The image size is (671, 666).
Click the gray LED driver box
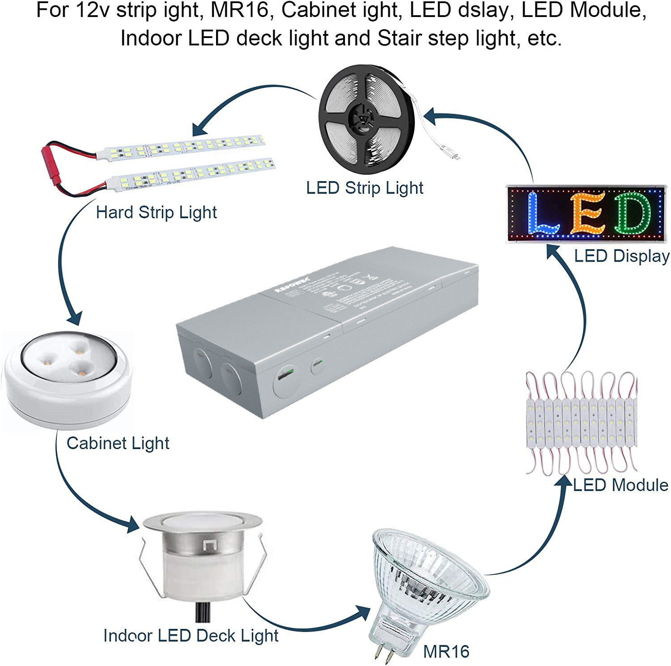(x=327, y=331)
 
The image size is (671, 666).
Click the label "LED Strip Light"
(x=365, y=188)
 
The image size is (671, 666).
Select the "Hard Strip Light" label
(x=156, y=212)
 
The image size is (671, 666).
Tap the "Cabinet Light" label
(x=118, y=443)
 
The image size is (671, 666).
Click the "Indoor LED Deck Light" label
(x=191, y=636)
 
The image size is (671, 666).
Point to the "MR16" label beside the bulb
(x=446, y=652)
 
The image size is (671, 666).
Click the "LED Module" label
(x=620, y=485)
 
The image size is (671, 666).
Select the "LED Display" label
(x=622, y=256)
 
